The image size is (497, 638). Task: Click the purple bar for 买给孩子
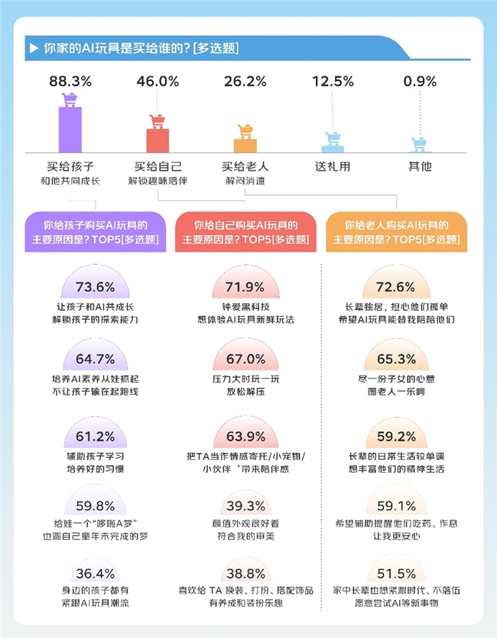coord(70,130)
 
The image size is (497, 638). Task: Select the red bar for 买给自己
coord(158,140)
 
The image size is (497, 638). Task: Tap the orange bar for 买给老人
coord(245,145)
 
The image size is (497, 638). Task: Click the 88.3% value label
coord(70,81)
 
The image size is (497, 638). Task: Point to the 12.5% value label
coord(333,81)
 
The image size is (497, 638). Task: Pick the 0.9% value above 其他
coord(421,81)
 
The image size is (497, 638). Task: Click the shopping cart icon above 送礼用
coord(333,139)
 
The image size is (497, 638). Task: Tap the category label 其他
coord(421,166)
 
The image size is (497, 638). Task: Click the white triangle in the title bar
coord(34,48)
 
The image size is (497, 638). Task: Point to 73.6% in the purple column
coord(96,288)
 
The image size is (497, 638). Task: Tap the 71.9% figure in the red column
coord(245,288)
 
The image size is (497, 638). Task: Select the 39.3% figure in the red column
coord(245,506)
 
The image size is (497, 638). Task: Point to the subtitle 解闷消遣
coord(245,181)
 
